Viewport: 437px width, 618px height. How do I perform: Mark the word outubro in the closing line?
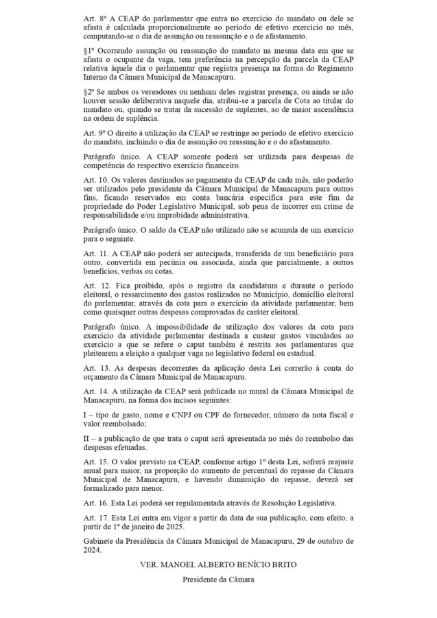point(327,541)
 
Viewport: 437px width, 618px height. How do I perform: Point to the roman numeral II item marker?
point(86,437)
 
